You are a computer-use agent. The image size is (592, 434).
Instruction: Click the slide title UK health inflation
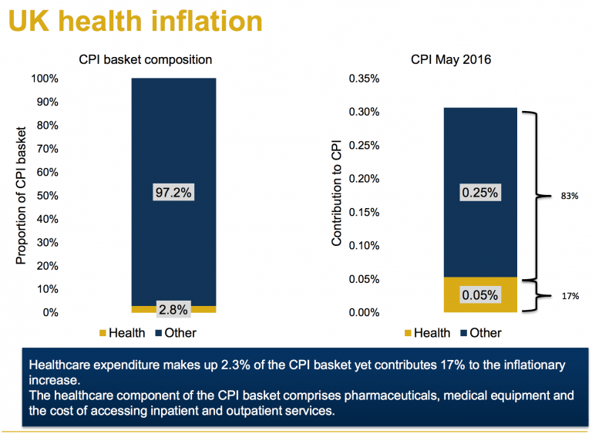[x=136, y=21]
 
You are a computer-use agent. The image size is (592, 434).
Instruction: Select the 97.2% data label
[x=173, y=192]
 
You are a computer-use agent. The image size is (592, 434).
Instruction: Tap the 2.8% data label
[x=173, y=309]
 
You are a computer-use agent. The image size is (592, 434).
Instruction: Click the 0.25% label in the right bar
[x=479, y=192]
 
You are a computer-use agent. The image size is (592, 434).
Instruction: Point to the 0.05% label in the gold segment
[x=479, y=294]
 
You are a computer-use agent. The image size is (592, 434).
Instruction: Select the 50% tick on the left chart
[x=45, y=196]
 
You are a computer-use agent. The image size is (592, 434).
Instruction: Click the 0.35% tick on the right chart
[x=363, y=79]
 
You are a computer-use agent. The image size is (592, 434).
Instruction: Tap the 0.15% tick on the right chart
[x=363, y=212]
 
